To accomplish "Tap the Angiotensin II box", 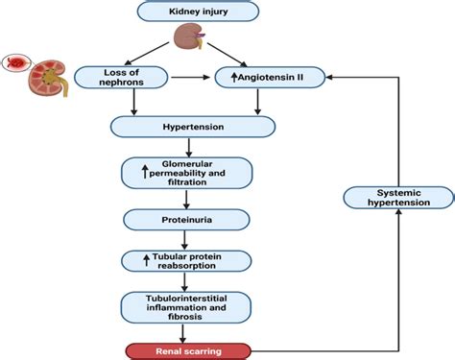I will pyautogui.click(x=273, y=74).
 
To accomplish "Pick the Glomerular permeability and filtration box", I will pyautogui.click(x=187, y=172).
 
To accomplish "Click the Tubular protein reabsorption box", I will pyautogui.click(x=187, y=261).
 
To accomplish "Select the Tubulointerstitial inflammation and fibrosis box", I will pyautogui.click(x=187, y=306).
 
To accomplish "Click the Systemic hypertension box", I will pyautogui.click(x=387, y=198).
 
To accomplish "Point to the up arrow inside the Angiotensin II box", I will pyautogui.click(x=226, y=74).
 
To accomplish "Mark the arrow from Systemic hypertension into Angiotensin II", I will pyautogui.click(x=355, y=74).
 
